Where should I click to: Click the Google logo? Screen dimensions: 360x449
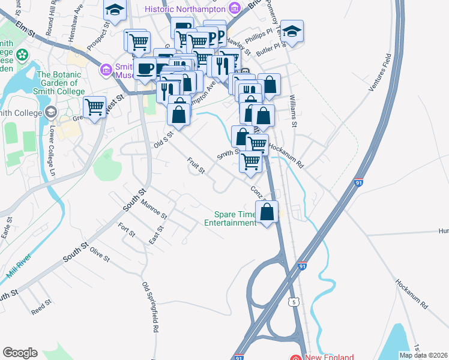(20, 353)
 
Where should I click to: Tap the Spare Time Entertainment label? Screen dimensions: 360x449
(230, 219)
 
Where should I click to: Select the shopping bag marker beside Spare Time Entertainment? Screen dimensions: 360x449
(267, 212)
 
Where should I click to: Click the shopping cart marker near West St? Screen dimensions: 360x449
(94, 107)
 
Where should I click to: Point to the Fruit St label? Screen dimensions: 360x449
(196, 166)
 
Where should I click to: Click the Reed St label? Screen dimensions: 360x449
(41, 308)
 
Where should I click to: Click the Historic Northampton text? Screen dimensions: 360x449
(185, 9)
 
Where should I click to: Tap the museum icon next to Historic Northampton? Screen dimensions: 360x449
(234, 8)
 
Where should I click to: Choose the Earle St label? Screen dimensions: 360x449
(8, 228)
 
